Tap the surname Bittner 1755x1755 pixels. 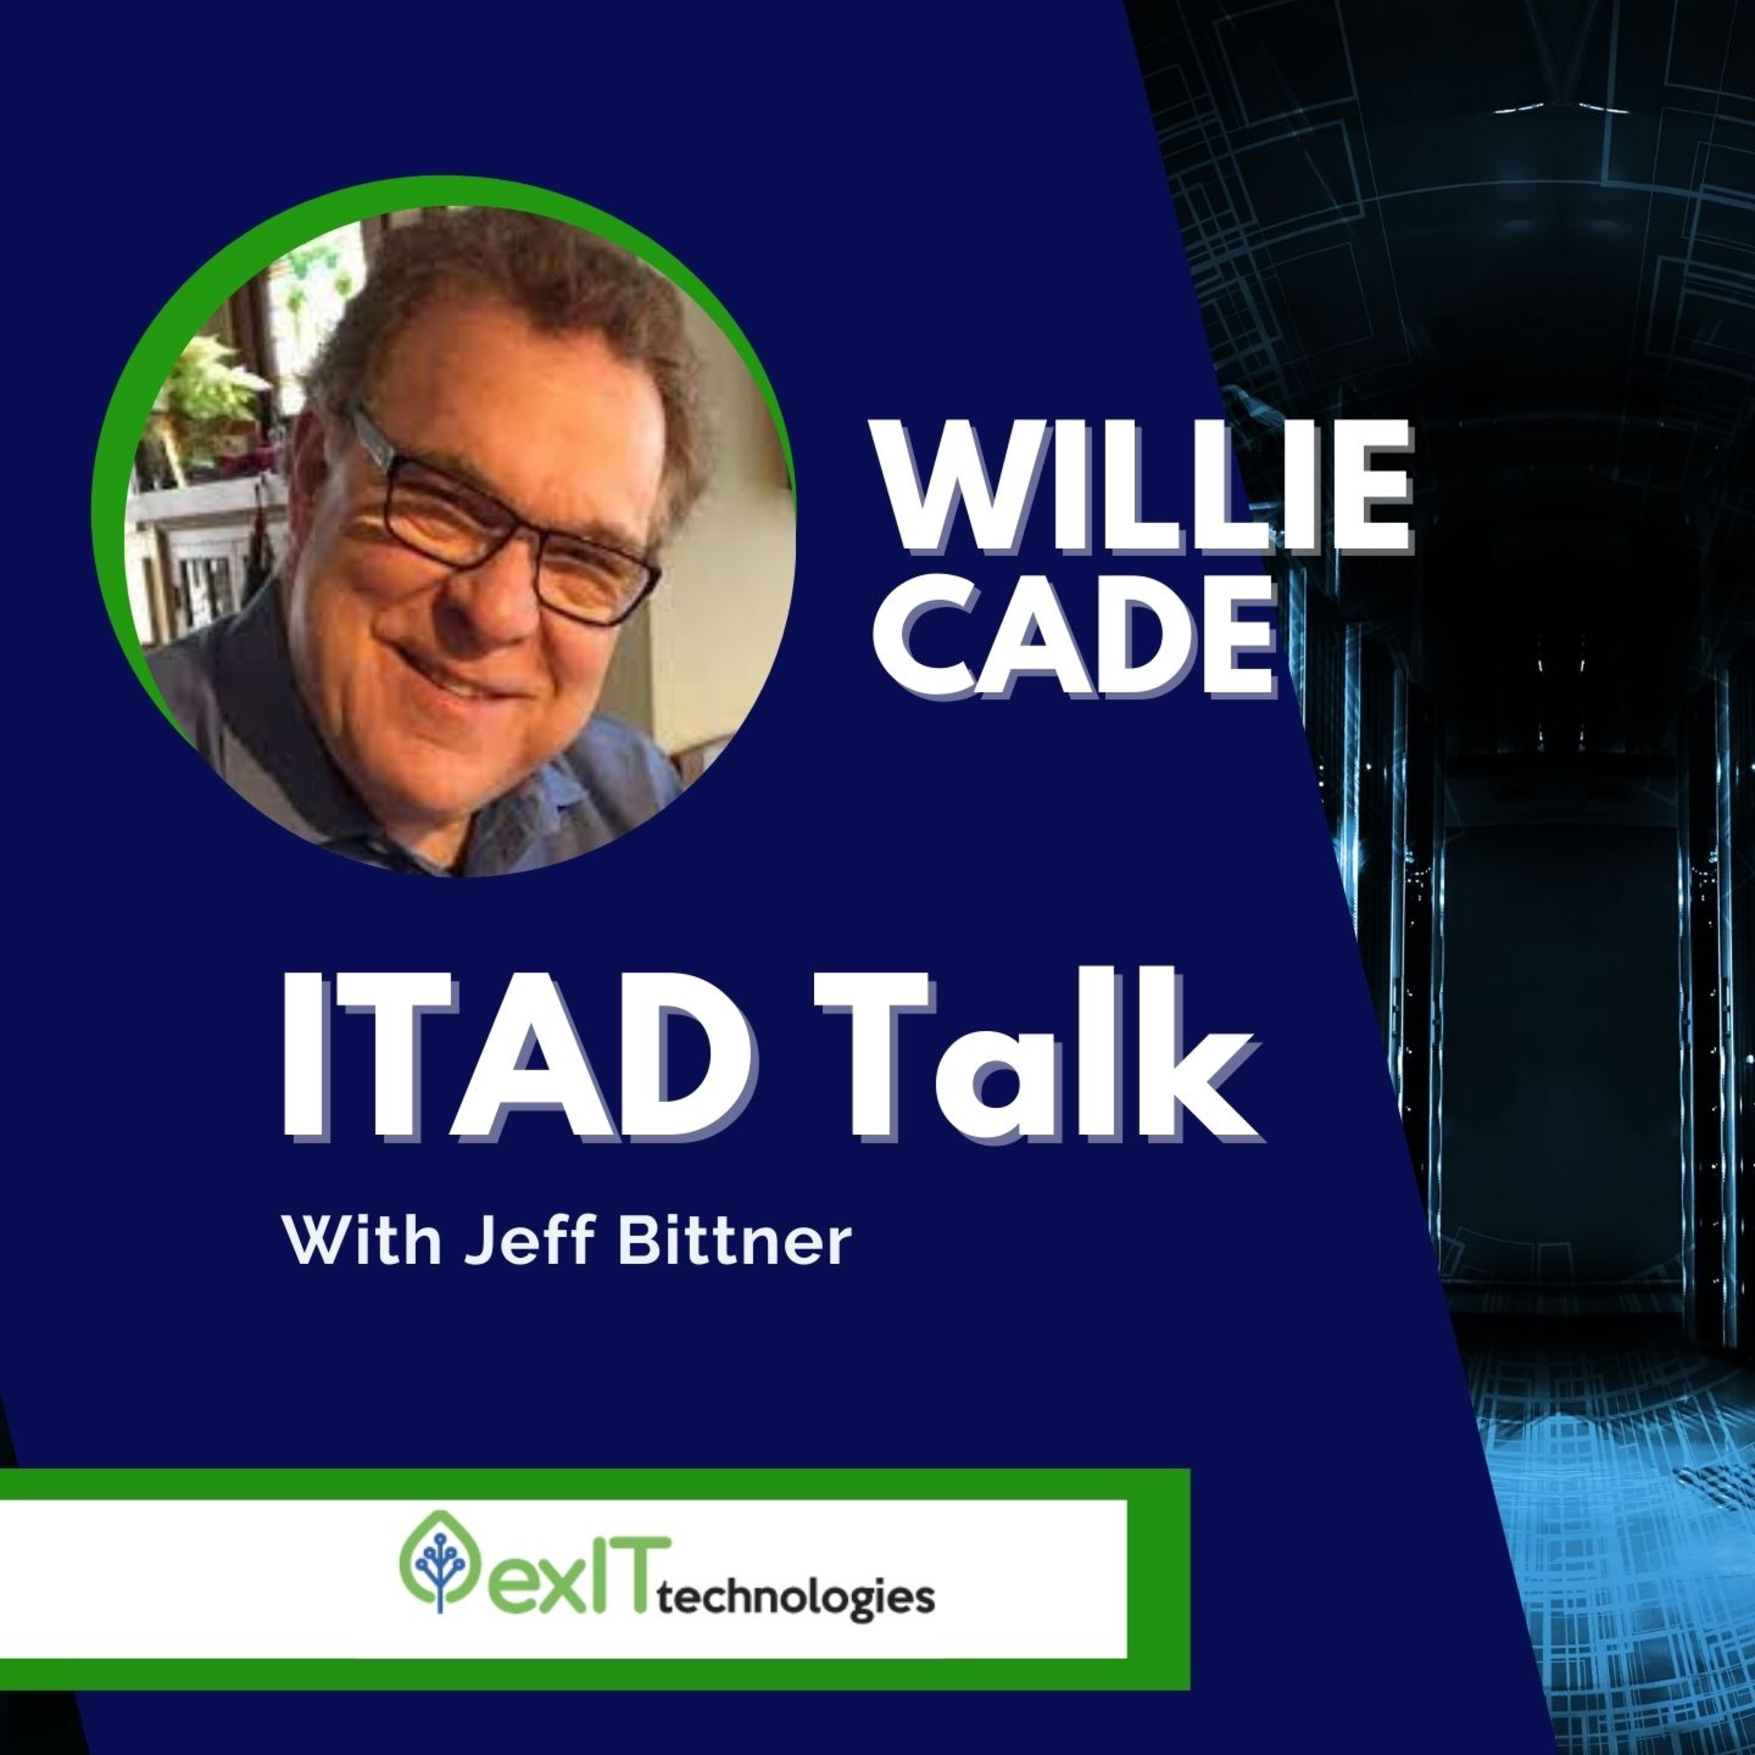coord(735,1239)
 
